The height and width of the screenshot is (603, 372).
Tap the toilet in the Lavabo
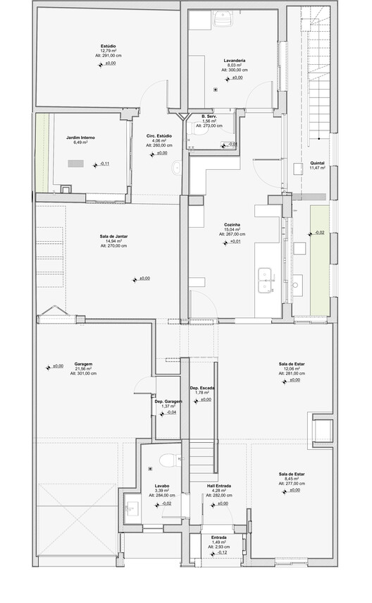[166, 461]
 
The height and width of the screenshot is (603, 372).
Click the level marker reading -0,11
[104, 164]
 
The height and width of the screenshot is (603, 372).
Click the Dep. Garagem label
[168, 401]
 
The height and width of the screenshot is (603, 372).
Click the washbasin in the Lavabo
[131, 506]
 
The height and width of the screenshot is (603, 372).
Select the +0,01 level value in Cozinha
[235, 243]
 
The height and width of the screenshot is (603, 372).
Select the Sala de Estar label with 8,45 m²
[292, 474]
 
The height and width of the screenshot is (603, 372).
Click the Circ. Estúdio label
[160, 135]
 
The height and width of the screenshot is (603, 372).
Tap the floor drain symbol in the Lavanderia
[216, 90]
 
